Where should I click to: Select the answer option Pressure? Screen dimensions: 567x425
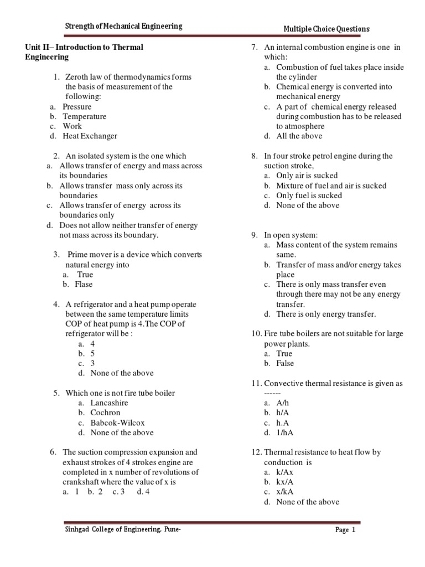(77, 107)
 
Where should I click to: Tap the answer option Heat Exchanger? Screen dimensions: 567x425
(90, 136)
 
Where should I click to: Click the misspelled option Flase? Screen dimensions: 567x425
(84, 285)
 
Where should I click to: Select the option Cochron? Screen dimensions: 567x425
(105, 413)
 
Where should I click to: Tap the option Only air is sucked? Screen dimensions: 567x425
(307, 176)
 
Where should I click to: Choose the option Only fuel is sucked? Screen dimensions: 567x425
(309, 195)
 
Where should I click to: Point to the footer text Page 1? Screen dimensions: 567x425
(345, 530)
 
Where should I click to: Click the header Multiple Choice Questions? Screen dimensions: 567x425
(326, 29)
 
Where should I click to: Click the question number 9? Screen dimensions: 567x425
(253, 235)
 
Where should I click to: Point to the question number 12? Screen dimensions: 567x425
(255, 452)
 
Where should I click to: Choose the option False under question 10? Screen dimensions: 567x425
(285, 363)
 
